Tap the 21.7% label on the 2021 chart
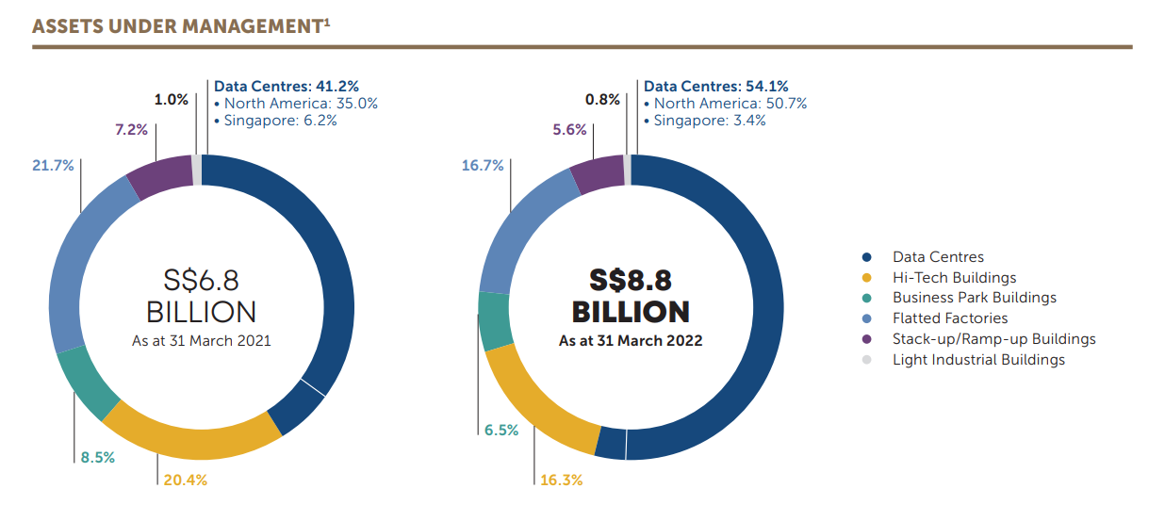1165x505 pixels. pos(52,165)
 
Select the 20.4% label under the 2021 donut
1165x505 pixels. pos(185,480)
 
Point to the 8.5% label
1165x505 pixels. pos(97,458)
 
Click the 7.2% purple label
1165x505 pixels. pos(131,129)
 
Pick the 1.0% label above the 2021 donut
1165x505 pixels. pos(172,99)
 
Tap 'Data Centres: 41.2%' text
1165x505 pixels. pos(286,87)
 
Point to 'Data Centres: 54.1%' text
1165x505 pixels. pos(715,87)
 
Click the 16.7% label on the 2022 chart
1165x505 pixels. pos(483,165)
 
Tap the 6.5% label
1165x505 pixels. pos(501,430)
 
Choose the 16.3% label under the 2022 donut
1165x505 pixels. pos(561,480)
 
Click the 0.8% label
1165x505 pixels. pos(602,99)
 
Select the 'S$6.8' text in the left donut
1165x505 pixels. pos(201,279)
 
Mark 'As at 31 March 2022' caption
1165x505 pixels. pos(631,340)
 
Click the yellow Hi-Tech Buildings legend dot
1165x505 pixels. pos(866,278)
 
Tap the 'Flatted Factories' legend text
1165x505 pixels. pos(950,318)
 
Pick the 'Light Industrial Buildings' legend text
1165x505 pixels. pos(978,360)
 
